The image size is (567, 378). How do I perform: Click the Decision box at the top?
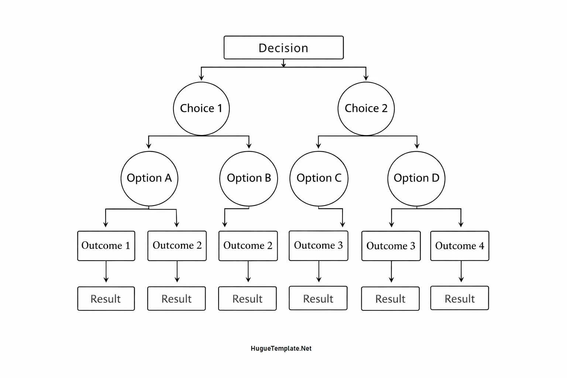point(283,48)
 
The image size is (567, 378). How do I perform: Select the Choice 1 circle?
point(201,109)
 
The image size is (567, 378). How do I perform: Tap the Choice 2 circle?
point(366,109)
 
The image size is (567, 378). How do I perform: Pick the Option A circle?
point(149,178)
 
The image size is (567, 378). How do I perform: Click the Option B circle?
point(248,178)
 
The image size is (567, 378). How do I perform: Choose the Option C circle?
point(319,178)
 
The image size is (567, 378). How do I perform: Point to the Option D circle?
point(416,178)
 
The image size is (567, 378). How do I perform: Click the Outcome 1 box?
point(106,246)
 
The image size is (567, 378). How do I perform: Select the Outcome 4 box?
point(460,246)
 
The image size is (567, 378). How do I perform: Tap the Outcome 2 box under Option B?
point(248,246)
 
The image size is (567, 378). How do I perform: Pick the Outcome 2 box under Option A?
point(177,246)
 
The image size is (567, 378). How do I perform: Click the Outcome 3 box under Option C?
point(318,245)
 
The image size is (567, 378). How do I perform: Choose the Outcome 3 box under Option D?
point(391,246)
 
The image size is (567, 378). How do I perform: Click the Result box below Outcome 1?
point(106,299)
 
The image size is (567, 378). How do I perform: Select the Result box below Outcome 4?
point(460,298)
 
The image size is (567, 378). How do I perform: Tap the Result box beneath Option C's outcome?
point(318,298)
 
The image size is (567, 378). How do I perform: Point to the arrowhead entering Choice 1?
point(201,78)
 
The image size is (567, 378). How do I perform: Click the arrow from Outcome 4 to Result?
point(461,272)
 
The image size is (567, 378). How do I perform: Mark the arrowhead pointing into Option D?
point(417,146)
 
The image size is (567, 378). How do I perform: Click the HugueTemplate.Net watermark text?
point(281,348)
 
